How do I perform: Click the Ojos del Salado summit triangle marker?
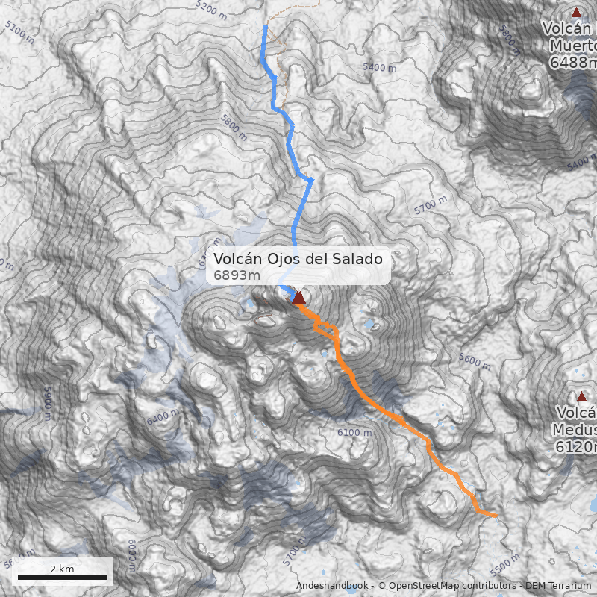(x=298, y=298)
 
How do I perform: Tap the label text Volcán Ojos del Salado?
(x=298, y=259)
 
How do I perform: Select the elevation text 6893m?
(x=237, y=276)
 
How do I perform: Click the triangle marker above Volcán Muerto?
(x=575, y=12)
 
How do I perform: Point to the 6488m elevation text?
(x=573, y=63)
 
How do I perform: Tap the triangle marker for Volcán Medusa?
(x=581, y=396)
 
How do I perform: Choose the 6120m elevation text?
(x=576, y=447)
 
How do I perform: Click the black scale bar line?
(x=62, y=577)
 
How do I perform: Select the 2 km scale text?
(x=62, y=569)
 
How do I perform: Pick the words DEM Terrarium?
(x=558, y=586)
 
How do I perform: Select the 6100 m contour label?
(x=354, y=433)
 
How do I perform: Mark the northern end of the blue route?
(x=266, y=27)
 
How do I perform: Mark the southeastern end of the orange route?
(x=496, y=515)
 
